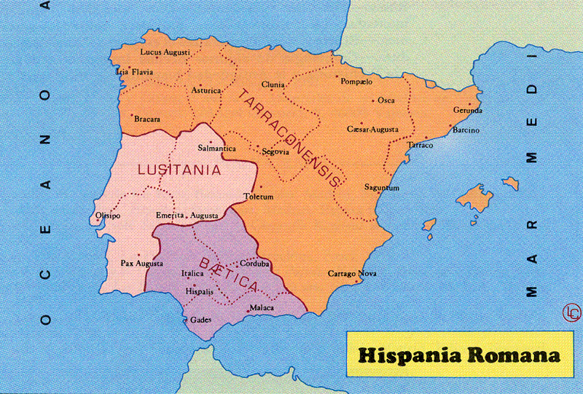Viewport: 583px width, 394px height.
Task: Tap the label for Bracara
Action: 147,119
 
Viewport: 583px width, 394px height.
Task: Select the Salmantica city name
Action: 217,149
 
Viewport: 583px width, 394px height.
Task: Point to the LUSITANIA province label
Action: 179,170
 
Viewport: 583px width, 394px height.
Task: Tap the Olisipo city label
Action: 108,216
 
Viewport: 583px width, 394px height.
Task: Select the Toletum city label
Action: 259,197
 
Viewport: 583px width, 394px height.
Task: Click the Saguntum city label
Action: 382,187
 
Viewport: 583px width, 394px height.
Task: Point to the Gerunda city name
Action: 467,111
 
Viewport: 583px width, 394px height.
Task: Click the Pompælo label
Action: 356,82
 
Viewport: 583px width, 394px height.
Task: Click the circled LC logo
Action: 572,312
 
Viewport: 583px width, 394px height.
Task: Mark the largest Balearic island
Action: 477,197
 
